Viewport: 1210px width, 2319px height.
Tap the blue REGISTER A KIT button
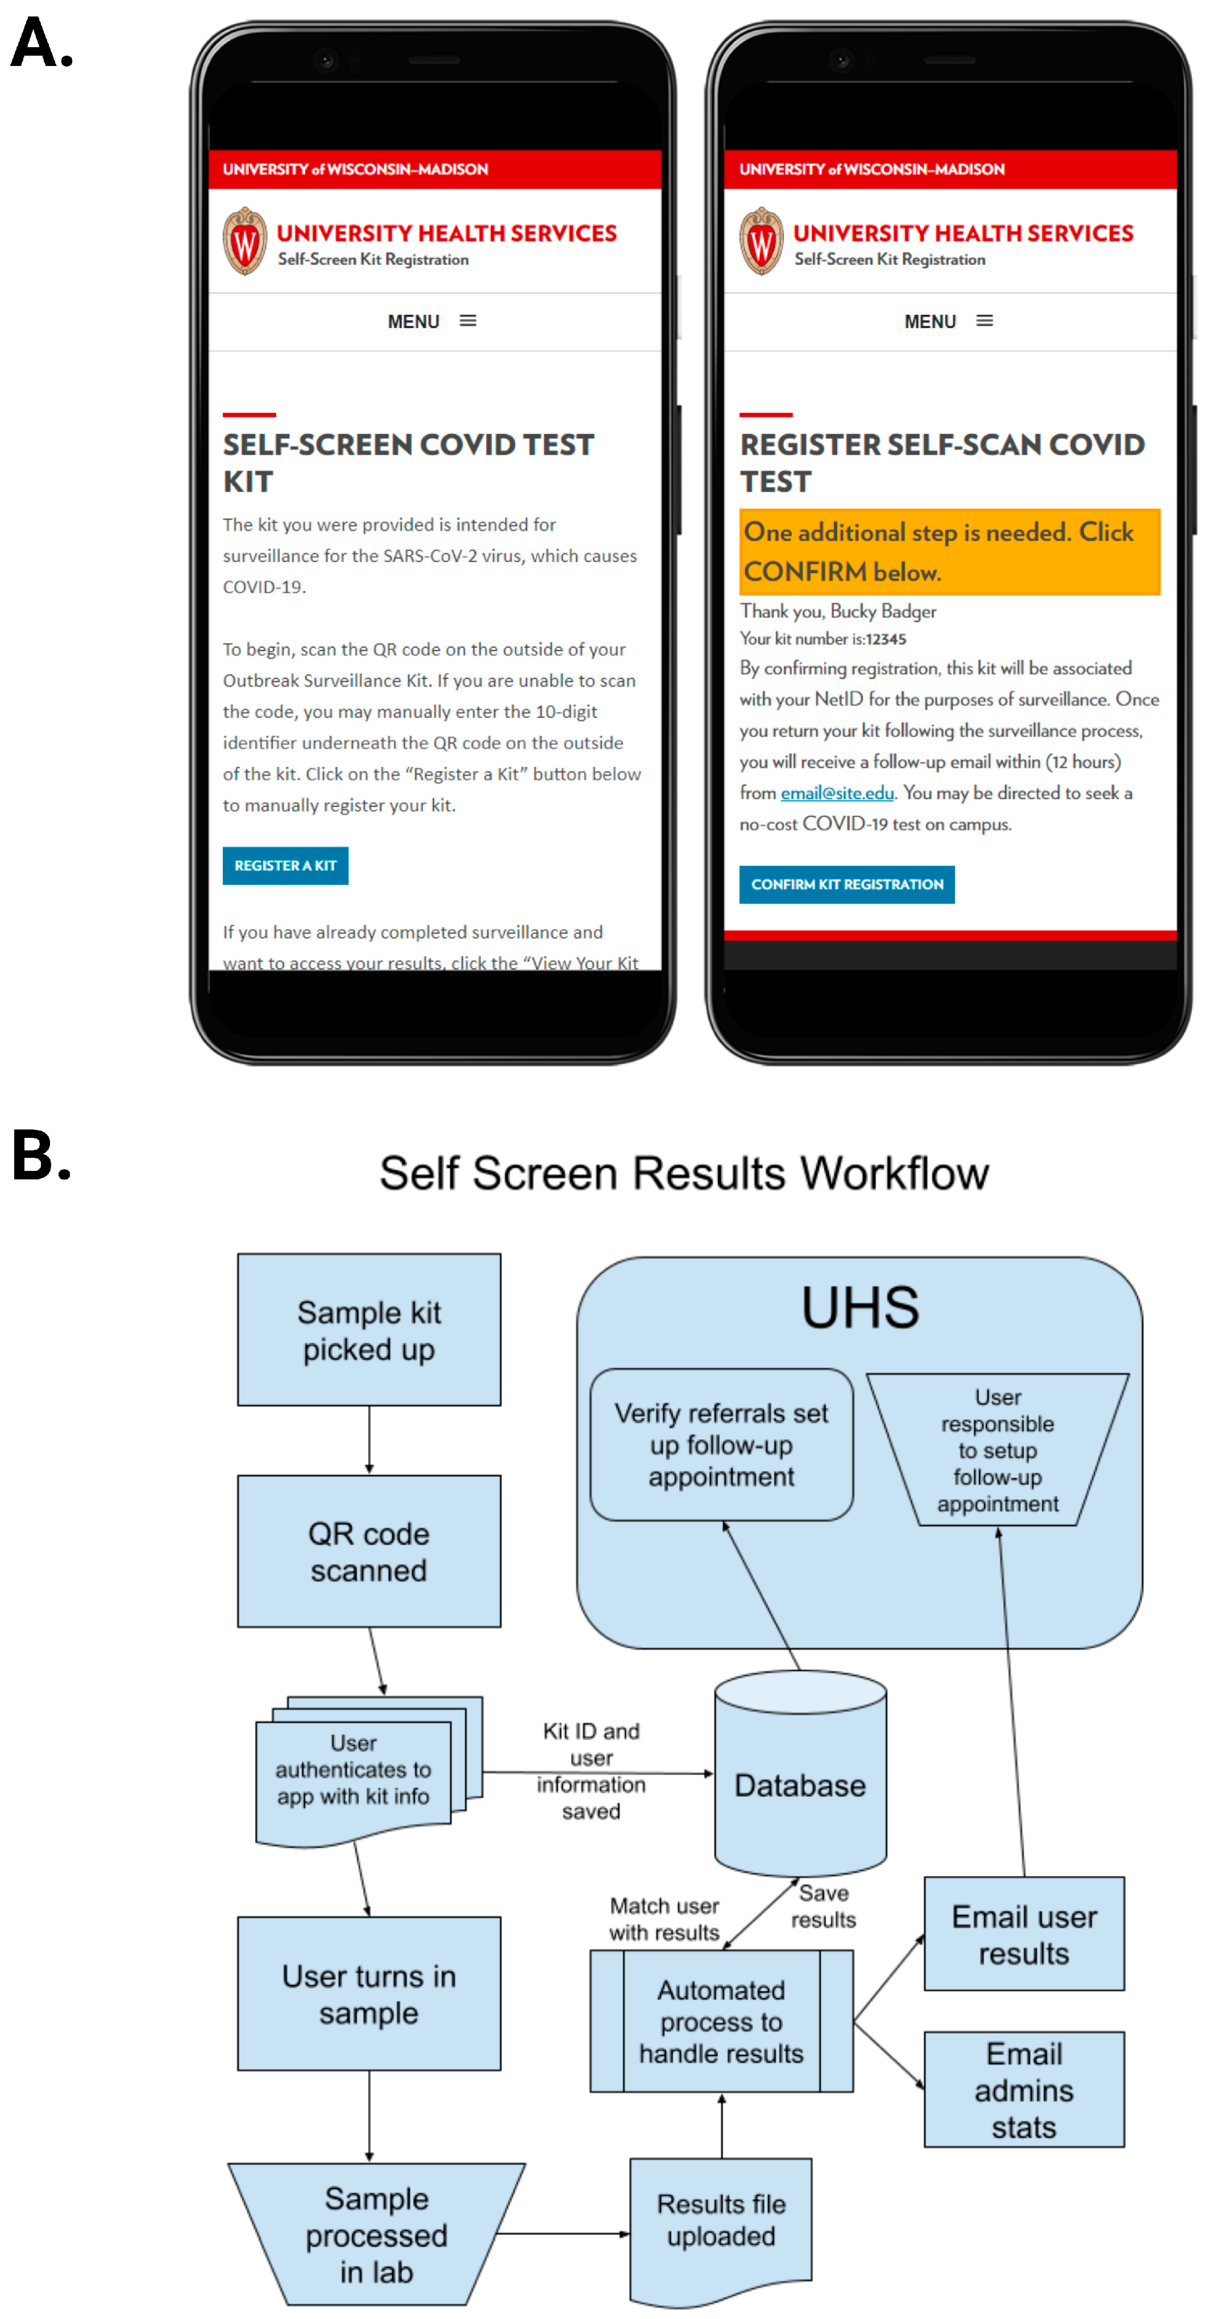(285, 865)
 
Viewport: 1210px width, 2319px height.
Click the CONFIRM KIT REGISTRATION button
(846, 884)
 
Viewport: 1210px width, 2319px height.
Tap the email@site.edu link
(837, 793)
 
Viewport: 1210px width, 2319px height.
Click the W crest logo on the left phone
(245, 241)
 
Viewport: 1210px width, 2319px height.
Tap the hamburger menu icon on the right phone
(985, 321)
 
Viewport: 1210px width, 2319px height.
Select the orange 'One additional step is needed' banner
(949, 552)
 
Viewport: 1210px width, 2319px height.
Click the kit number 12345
(886, 639)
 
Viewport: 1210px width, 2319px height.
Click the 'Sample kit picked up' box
(369, 1329)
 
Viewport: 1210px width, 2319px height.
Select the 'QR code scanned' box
(369, 1551)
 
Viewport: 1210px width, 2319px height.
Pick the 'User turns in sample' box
(369, 1993)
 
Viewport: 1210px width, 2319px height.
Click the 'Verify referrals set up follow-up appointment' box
(721, 1444)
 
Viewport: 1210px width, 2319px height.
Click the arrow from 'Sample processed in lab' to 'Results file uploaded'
(563, 2234)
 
